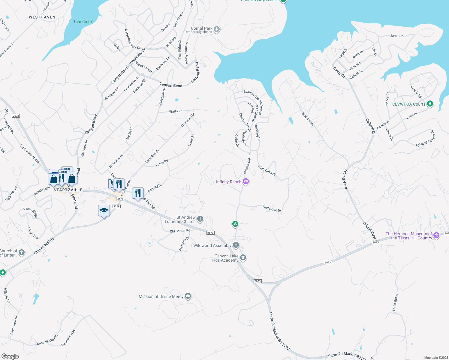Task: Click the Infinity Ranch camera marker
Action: (x=246, y=181)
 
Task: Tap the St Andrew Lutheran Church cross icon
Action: (x=200, y=219)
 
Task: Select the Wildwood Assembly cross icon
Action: (x=236, y=245)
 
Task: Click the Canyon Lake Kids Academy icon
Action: (x=243, y=258)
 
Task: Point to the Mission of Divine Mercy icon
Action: (x=188, y=296)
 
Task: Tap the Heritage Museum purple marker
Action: (x=436, y=235)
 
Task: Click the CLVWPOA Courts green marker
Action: (x=430, y=104)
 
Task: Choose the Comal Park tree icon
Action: (x=217, y=29)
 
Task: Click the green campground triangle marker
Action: (x=235, y=224)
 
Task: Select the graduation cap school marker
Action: (x=104, y=211)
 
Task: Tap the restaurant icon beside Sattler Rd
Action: (x=138, y=193)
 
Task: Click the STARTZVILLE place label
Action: (x=68, y=190)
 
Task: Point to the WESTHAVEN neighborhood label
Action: (x=42, y=17)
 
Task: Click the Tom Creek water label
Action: (x=83, y=22)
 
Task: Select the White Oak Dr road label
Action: (x=272, y=208)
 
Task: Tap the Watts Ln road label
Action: (x=176, y=111)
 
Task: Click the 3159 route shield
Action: (x=116, y=206)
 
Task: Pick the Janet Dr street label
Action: (x=396, y=36)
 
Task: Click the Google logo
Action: (x=10, y=356)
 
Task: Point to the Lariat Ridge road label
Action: (x=395, y=302)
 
